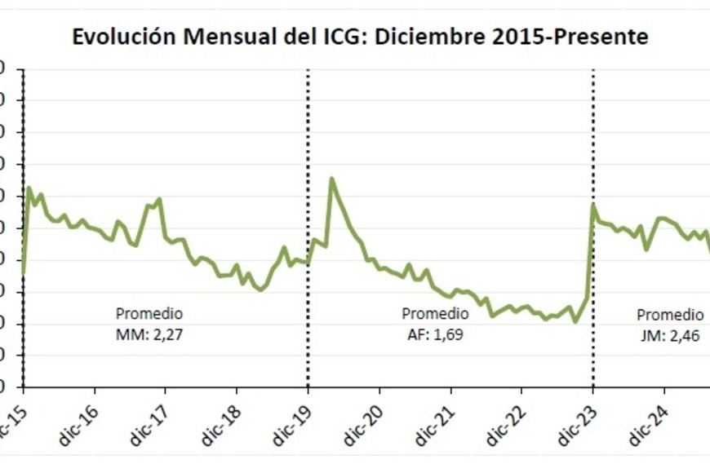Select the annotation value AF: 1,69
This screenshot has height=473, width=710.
(x=435, y=333)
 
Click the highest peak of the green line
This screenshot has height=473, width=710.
(x=331, y=178)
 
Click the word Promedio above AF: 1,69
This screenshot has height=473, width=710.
(x=435, y=314)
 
